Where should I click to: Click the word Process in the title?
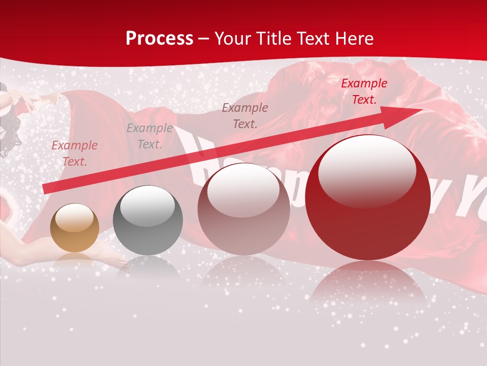(159, 39)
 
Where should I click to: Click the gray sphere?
(148, 221)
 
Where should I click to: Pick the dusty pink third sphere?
(243, 209)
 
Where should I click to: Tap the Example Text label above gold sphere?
(75, 153)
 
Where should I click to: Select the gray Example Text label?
(150, 136)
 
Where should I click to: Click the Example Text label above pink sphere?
(245, 115)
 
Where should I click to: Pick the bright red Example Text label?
(364, 91)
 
